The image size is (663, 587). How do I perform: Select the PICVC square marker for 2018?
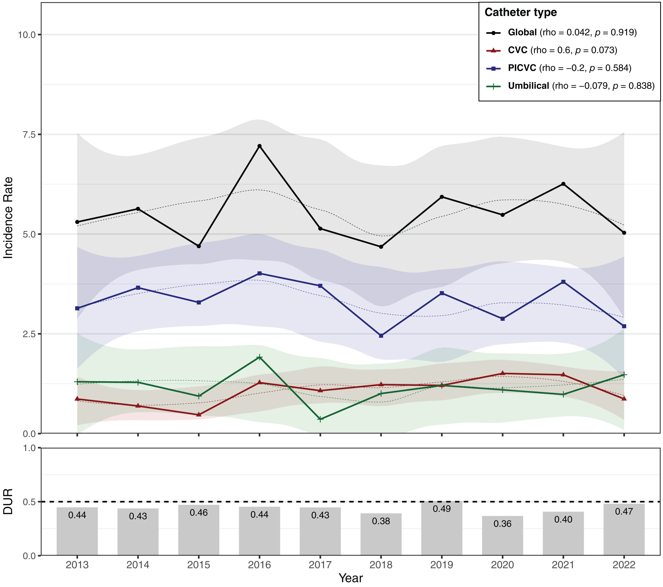(381, 336)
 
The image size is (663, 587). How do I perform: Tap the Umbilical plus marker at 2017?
(320, 419)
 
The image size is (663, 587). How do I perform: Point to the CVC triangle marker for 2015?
(199, 414)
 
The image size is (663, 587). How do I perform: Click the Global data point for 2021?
(563, 184)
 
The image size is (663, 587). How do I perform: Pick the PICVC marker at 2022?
(624, 326)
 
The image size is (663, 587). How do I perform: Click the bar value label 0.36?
(502, 524)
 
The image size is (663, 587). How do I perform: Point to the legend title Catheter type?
(520, 12)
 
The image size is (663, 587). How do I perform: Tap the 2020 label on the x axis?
(502, 565)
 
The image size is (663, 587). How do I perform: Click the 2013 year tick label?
(77, 565)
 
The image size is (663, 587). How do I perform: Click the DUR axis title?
(8, 502)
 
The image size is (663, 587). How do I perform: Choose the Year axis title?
(351, 578)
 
